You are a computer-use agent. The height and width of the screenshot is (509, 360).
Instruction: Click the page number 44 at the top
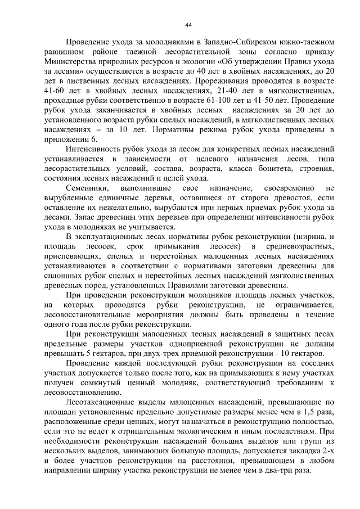pyautogui.click(x=188, y=25)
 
